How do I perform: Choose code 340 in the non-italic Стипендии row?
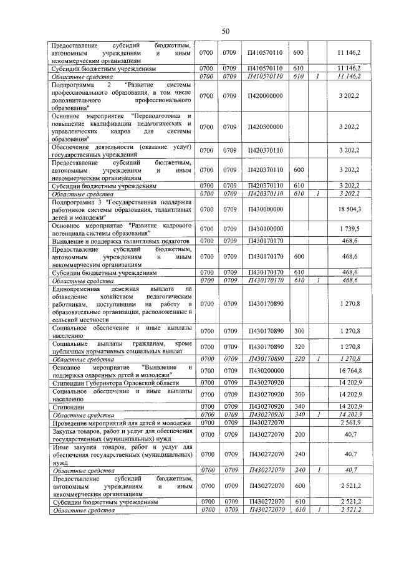(299, 406)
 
